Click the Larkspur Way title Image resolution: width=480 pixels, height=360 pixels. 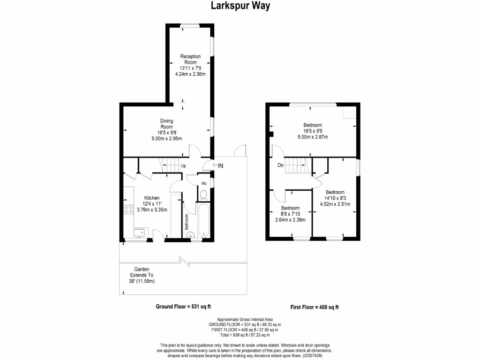pyautogui.click(x=240, y=6)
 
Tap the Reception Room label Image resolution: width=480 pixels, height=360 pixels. pyautogui.click(x=190, y=59)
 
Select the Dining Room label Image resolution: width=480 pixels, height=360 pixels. pyautogui.click(x=166, y=123)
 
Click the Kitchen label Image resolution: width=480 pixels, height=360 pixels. pyautogui.click(x=151, y=198)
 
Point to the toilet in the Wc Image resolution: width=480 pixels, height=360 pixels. pyautogui.click(x=203, y=195)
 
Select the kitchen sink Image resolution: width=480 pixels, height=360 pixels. pyautogui.click(x=139, y=232)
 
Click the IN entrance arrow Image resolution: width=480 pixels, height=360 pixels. pyautogui.click(x=217, y=165)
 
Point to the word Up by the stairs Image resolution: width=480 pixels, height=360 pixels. pyautogui.click(x=184, y=166)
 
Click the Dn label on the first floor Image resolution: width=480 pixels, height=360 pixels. pyautogui.click(x=280, y=165)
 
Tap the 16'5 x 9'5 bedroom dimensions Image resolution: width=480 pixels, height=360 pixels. pyautogui.click(x=312, y=131)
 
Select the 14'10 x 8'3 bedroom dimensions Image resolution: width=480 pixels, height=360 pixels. pyautogui.click(x=335, y=198)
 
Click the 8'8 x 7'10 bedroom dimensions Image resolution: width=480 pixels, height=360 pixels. pyautogui.click(x=290, y=214)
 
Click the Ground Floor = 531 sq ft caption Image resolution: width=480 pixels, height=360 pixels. pyautogui.click(x=183, y=307)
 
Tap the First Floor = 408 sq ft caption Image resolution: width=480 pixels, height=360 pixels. pyautogui.click(x=315, y=307)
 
